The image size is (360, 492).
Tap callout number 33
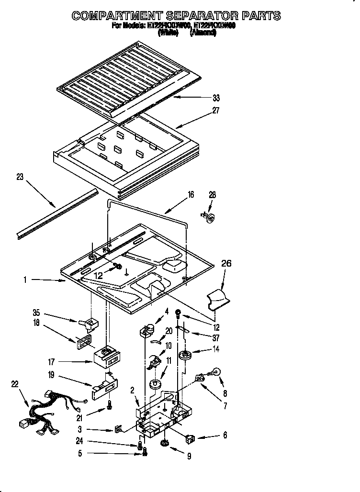click(216, 98)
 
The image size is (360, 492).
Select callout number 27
click(216, 110)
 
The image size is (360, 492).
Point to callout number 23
click(20, 177)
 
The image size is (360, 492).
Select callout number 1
click(24, 280)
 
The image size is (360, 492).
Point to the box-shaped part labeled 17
click(107, 357)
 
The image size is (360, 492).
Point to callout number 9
click(189, 457)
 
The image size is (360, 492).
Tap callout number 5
click(80, 454)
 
